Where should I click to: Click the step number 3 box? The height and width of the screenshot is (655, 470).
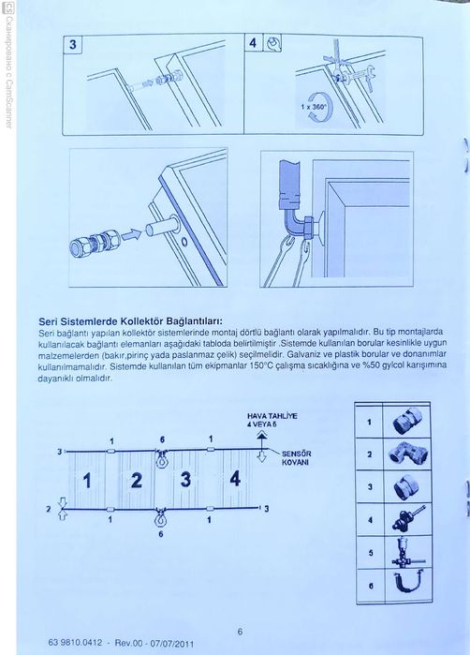[73, 45]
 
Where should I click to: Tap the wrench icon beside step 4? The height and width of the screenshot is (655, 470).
[273, 43]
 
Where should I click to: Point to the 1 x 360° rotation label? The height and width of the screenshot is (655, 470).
[313, 107]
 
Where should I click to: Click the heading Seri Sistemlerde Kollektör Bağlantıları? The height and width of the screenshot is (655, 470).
[130, 321]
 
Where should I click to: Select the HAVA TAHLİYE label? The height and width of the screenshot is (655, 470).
[272, 416]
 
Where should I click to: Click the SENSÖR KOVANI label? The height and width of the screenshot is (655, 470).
[296, 458]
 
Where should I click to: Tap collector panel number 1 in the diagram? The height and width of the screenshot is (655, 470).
[87, 481]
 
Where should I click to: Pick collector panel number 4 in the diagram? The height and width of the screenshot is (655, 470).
[235, 478]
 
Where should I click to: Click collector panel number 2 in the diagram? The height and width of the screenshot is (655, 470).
[136, 481]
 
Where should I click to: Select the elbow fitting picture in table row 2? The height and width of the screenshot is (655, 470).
[406, 454]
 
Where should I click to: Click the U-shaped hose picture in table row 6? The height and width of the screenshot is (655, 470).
[408, 584]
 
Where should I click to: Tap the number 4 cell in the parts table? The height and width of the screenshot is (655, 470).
[370, 520]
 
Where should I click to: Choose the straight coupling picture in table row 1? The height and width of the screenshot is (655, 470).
[407, 421]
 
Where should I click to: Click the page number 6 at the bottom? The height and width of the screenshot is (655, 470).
[240, 632]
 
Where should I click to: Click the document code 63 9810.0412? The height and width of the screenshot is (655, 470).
[75, 643]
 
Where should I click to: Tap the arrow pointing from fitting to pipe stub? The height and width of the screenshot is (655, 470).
[132, 233]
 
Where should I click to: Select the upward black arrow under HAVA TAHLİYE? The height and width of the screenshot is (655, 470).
[262, 439]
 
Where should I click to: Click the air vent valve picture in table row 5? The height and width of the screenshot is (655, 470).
[407, 552]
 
